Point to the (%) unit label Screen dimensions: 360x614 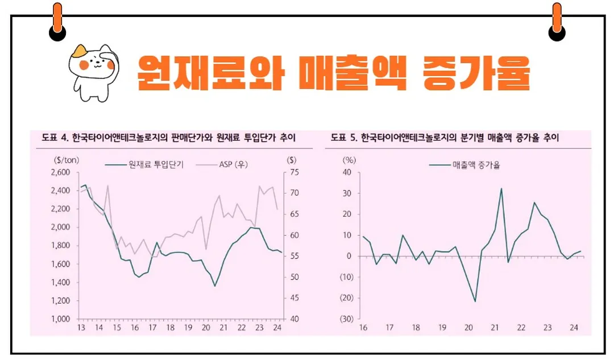pyautogui.click(x=349, y=159)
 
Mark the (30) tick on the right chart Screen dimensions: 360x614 pyautogui.click(x=347, y=319)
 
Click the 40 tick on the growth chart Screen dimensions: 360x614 pyautogui.click(x=349, y=172)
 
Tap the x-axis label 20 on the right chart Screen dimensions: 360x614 pyautogui.click(x=468, y=328)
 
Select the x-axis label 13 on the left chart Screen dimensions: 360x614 pyautogui.click(x=81, y=328)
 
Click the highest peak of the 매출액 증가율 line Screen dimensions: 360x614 pyautogui.click(x=501, y=188)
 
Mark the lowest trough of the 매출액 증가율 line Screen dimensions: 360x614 pyautogui.click(x=475, y=301)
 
